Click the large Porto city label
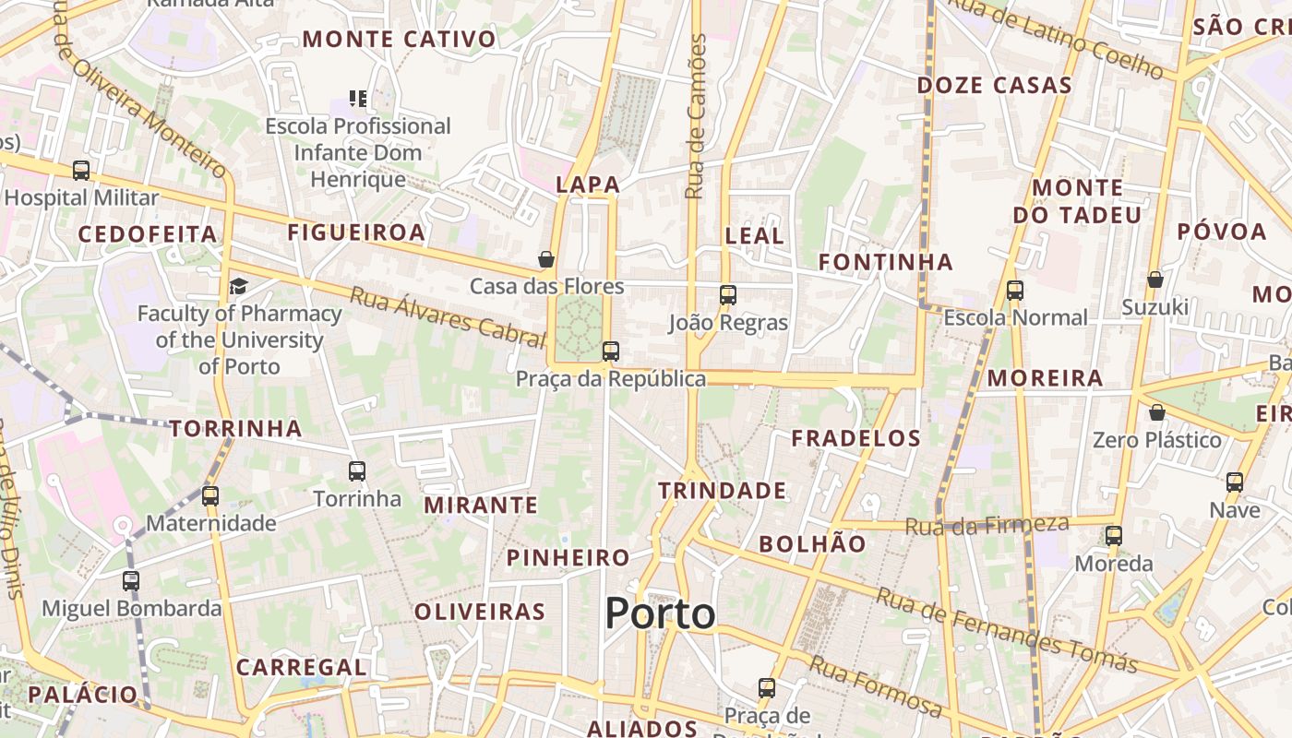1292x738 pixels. [660, 613]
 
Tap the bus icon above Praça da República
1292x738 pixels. [610, 351]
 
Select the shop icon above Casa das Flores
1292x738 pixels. [546, 259]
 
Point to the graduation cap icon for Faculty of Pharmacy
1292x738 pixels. [238, 285]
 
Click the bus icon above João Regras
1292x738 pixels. [728, 295]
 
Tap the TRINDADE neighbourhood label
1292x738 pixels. [722, 491]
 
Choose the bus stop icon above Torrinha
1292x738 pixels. [357, 471]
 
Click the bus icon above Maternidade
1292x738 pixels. [210, 496]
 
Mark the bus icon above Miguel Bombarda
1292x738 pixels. [131, 581]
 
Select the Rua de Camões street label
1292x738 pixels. [697, 116]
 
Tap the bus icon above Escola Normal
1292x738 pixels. [1015, 291]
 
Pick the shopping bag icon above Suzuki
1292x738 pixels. [1154, 280]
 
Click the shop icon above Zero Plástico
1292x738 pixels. [1156, 412]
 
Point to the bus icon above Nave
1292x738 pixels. [1235, 482]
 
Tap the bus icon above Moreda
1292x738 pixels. [1114, 536]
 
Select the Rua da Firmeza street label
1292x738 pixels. [987, 526]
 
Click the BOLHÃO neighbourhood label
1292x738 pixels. [812, 544]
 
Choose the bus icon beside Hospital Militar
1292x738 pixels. [81, 171]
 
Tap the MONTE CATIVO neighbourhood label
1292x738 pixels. [399, 40]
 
